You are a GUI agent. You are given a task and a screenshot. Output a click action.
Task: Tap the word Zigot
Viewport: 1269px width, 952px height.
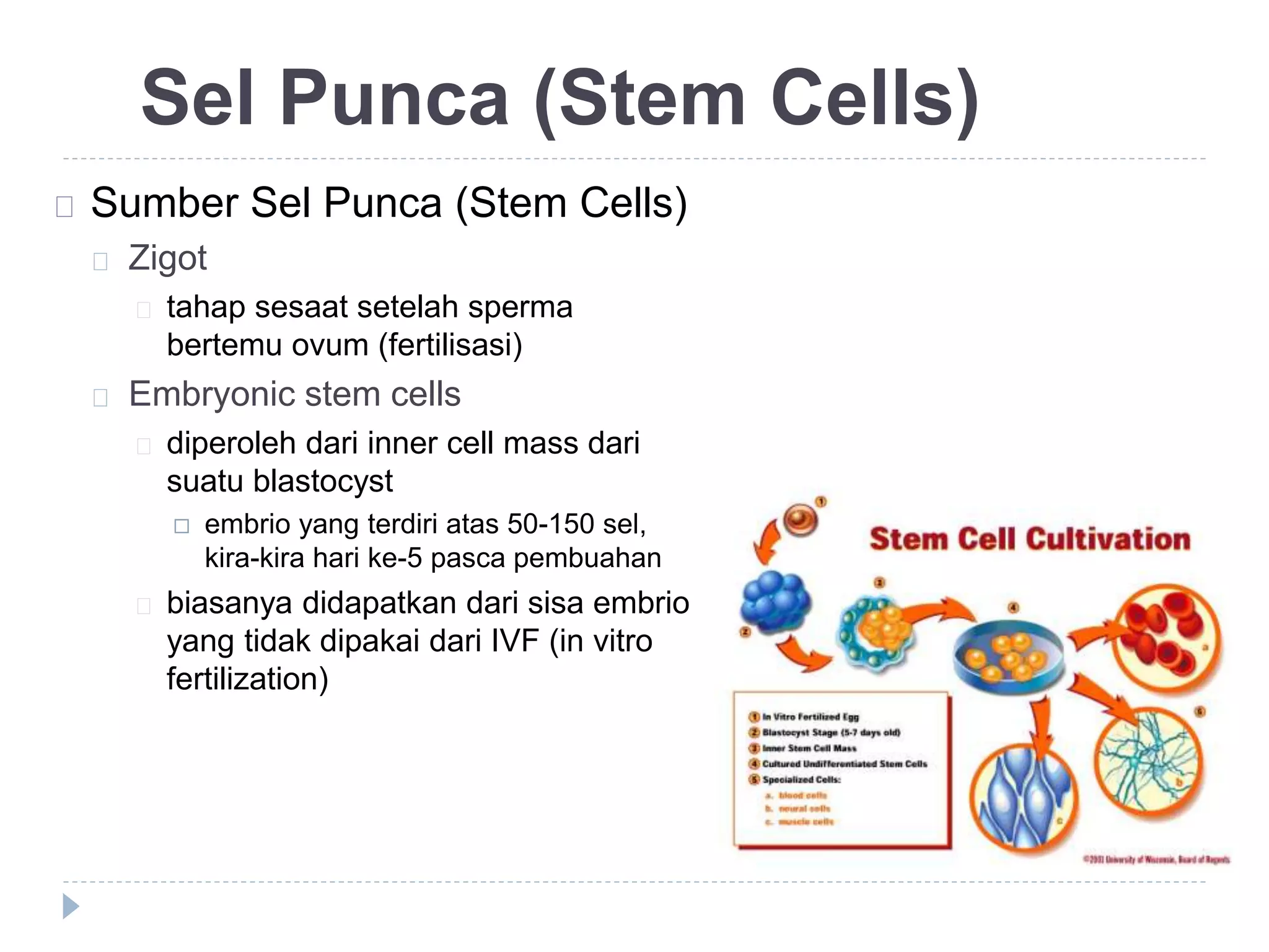(167, 258)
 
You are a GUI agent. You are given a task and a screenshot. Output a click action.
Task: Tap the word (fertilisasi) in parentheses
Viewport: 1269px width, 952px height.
(450, 345)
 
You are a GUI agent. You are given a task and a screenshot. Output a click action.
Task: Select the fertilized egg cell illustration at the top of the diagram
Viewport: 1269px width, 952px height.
(801, 519)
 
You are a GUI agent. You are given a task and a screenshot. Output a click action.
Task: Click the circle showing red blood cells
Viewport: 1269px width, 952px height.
(1166, 637)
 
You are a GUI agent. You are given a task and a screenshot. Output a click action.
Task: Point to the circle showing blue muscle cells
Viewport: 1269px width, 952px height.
(1024, 800)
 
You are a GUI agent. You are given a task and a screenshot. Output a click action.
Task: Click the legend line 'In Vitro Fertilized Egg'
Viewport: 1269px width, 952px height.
(809, 717)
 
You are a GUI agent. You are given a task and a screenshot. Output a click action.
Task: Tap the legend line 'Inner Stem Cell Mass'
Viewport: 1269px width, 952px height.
(809, 748)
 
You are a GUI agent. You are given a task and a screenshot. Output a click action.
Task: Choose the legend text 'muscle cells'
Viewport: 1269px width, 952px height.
(806, 822)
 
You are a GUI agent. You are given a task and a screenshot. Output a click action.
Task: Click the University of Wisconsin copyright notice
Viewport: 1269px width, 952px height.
(1156, 859)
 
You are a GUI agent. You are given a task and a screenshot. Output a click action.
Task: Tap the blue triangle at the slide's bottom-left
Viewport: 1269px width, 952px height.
(71, 906)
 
